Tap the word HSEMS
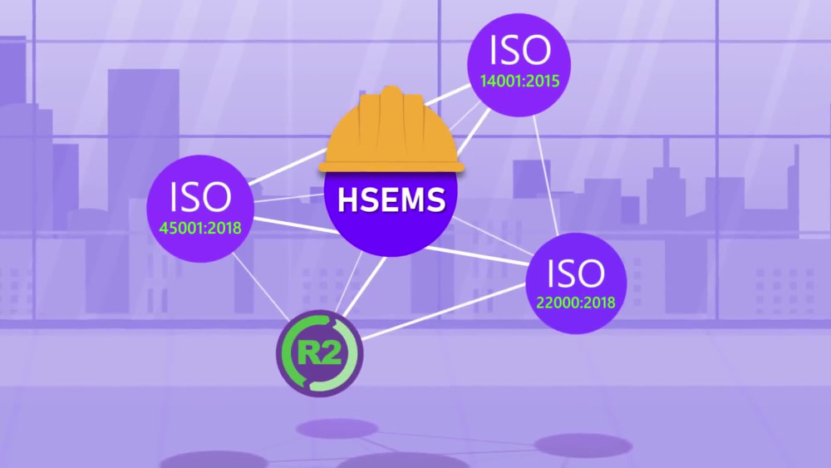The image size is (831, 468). [391, 200]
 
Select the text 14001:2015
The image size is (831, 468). [519, 81]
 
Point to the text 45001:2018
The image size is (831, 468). [200, 228]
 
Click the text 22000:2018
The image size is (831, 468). [576, 303]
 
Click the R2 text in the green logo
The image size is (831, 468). [320, 353]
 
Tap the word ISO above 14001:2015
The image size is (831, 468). [520, 51]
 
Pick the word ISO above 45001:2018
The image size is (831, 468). [200, 197]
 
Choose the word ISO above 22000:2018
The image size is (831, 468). [576, 273]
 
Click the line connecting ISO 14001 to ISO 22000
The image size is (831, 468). [546, 175]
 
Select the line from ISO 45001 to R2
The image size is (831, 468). [261, 286]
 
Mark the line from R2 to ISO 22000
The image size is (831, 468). [443, 312]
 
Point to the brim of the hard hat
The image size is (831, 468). [391, 167]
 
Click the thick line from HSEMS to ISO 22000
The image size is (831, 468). [477, 255]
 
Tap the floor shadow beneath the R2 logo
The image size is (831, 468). [329, 428]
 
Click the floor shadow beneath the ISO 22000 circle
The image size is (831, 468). [583, 446]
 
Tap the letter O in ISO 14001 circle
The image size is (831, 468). [536, 51]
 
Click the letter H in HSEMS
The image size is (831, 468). [347, 200]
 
